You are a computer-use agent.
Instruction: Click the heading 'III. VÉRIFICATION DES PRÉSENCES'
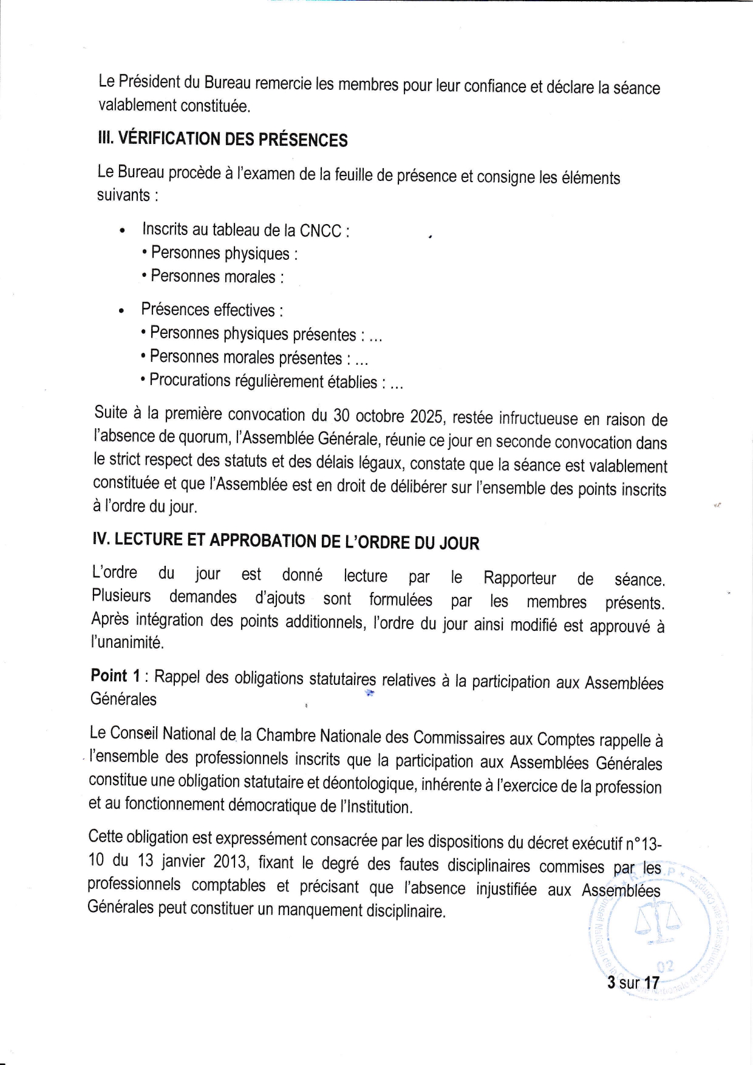[x=222, y=139]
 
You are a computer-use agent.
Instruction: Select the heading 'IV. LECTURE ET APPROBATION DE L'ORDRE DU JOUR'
[x=285, y=541]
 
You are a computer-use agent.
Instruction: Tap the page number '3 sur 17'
[x=633, y=982]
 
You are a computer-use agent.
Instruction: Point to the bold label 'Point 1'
[x=109, y=676]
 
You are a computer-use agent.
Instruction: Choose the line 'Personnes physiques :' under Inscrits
[x=223, y=253]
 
